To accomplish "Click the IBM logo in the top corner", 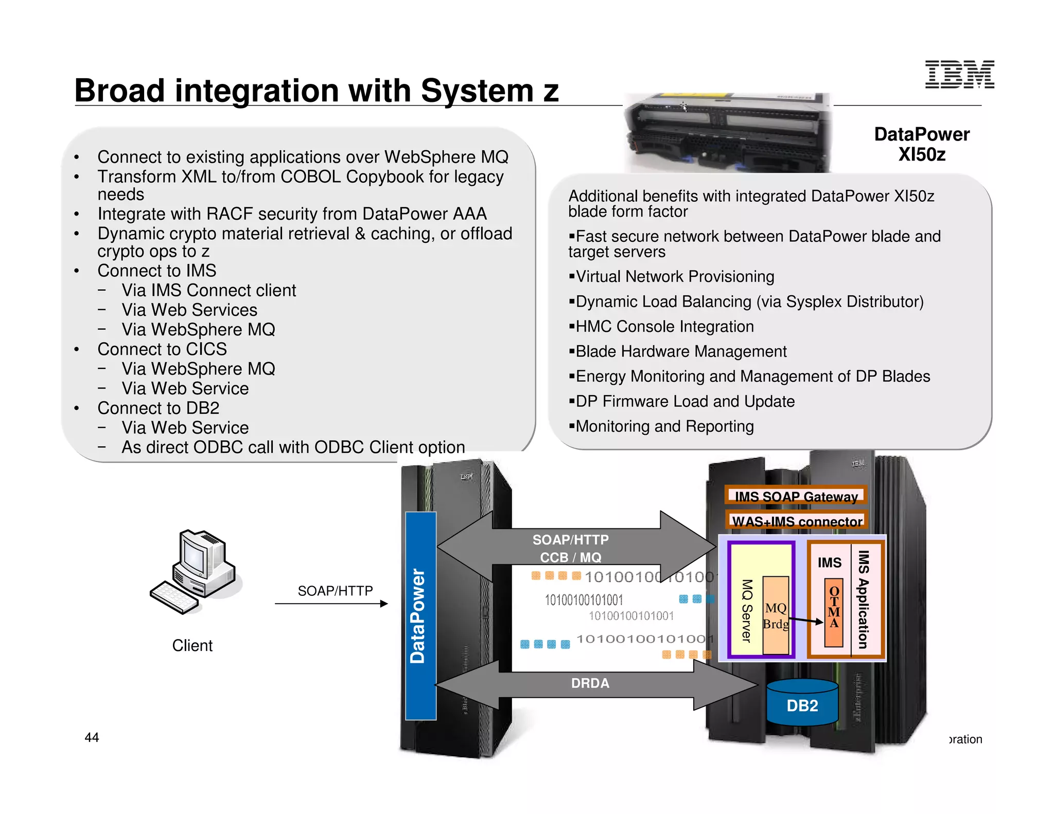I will click(959, 75).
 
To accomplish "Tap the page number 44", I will click(92, 737).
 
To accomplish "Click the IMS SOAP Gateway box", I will click(796, 496).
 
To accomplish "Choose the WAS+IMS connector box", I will click(797, 521).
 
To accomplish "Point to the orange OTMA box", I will click(834, 613).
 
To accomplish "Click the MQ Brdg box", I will click(776, 615).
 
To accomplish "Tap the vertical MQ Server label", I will click(747, 611).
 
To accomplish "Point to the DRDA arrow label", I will click(590, 683).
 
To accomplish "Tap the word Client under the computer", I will click(192, 645).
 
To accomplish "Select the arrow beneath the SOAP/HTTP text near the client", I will click(331, 604).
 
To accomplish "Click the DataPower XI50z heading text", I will click(921, 144).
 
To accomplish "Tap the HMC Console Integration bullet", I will click(664, 326).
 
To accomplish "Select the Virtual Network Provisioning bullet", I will click(674, 276).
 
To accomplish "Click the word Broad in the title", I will click(120, 91).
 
